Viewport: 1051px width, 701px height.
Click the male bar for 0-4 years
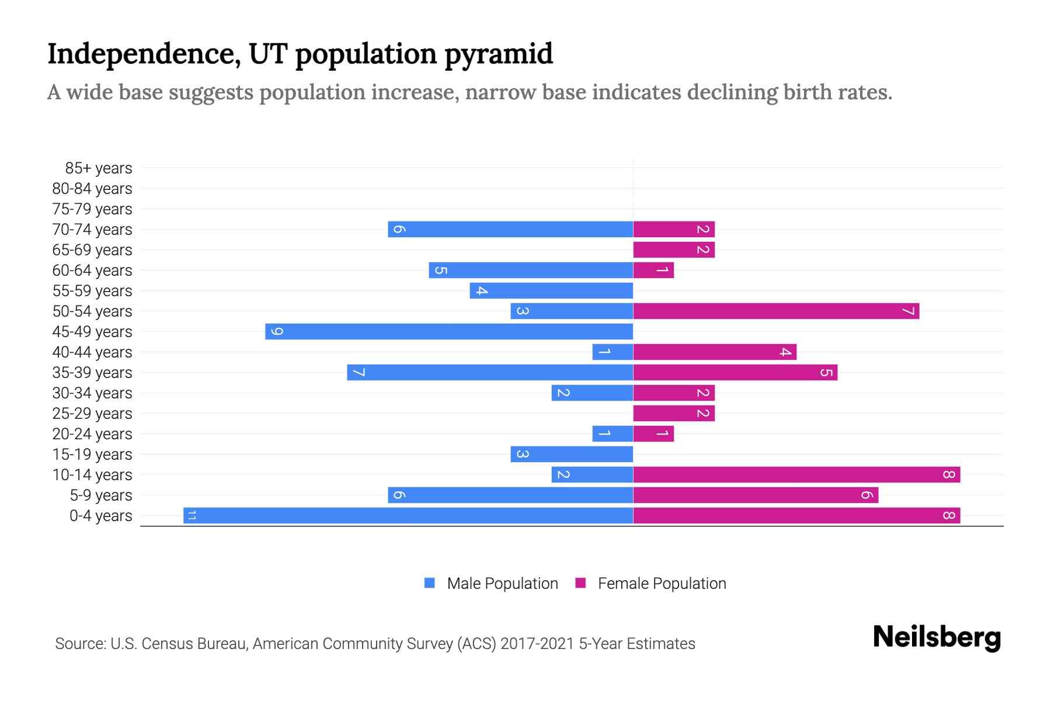pos(409,515)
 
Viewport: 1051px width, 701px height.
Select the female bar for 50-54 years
pos(776,311)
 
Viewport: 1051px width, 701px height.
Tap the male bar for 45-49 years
pos(449,331)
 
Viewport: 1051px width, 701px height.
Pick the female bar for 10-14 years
pos(796,474)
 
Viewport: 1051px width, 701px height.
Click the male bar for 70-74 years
pos(510,229)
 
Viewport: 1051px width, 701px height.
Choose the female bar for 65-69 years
pos(674,249)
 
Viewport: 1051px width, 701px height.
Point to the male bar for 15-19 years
pos(572,454)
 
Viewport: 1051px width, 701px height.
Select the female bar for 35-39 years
pos(735,372)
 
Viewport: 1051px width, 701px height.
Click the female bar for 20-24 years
pos(653,433)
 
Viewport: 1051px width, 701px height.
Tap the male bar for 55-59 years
pos(551,290)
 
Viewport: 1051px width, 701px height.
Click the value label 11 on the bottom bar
pos(191,515)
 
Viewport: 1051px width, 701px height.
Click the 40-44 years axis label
pos(92,352)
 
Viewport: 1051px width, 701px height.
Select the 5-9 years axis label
pos(100,495)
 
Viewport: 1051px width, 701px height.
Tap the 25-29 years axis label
pos(92,414)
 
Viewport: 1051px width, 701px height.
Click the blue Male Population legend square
pos(430,583)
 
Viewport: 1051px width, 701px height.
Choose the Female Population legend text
pos(662,583)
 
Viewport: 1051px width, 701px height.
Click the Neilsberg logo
pos(937,637)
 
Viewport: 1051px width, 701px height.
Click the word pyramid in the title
pos(498,54)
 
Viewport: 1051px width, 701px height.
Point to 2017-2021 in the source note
pos(537,644)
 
